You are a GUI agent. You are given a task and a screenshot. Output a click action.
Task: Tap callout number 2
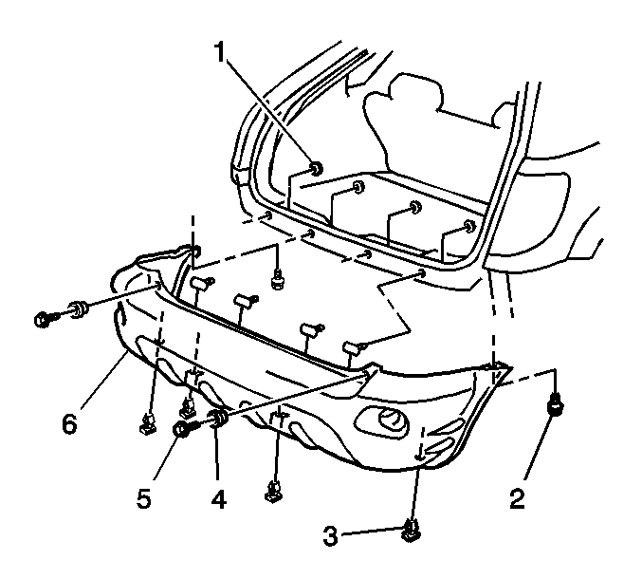pos(517,497)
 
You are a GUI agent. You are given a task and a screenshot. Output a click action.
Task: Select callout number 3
pos(330,537)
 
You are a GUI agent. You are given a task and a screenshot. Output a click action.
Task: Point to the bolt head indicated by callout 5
pos(181,429)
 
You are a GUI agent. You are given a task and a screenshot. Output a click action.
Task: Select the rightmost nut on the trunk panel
pos(469,227)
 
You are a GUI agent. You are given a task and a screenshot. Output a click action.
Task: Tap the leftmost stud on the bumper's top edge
pos(198,282)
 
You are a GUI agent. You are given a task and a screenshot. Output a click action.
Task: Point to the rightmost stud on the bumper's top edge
pos(354,347)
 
